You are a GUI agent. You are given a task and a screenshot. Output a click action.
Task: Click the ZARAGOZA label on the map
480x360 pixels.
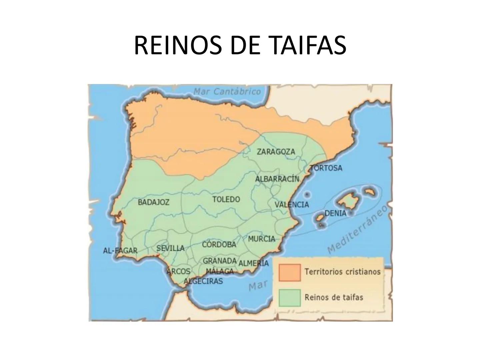(x=276, y=152)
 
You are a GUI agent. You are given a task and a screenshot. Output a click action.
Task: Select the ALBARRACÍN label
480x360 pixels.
(x=277, y=179)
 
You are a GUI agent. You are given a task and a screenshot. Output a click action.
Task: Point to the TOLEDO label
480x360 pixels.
(x=226, y=199)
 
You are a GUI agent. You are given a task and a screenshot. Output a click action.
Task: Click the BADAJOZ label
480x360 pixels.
(x=154, y=202)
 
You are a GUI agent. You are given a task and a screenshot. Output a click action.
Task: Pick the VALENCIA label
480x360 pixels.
(x=292, y=204)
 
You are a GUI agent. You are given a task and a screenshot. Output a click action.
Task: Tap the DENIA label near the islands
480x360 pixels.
(x=335, y=213)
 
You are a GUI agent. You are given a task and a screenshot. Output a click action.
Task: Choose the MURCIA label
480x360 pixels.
(x=262, y=239)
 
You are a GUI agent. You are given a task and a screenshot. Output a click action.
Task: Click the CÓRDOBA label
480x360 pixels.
(x=219, y=245)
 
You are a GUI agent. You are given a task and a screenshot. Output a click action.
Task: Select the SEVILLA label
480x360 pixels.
(x=170, y=248)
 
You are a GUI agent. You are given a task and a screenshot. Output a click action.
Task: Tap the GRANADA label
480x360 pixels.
(x=220, y=261)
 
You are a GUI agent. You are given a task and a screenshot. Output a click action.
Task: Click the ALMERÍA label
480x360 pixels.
(x=253, y=263)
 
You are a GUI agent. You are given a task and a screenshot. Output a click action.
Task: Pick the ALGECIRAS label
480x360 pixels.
(x=203, y=281)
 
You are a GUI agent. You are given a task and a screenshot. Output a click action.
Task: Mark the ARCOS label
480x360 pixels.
(x=178, y=271)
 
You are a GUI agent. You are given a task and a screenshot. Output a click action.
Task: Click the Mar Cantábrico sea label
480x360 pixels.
(x=227, y=91)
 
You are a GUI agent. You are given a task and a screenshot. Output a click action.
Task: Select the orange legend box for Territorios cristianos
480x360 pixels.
(x=289, y=272)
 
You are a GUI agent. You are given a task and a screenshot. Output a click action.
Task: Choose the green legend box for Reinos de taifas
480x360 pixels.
(x=289, y=297)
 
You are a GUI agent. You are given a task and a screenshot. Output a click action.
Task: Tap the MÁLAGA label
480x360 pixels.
(x=220, y=271)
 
